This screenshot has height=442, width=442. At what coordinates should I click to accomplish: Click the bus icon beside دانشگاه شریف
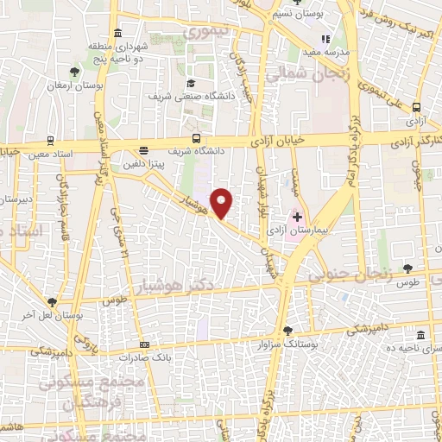tap(197, 138)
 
